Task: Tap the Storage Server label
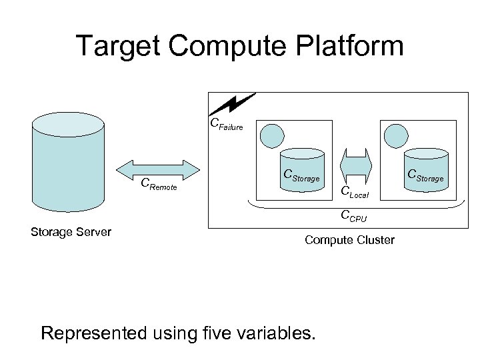click(x=71, y=232)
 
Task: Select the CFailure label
click(x=227, y=124)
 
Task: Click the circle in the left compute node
click(x=271, y=135)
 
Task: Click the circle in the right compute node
click(x=394, y=135)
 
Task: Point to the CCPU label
click(x=353, y=215)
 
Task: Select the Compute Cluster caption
click(x=349, y=239)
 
